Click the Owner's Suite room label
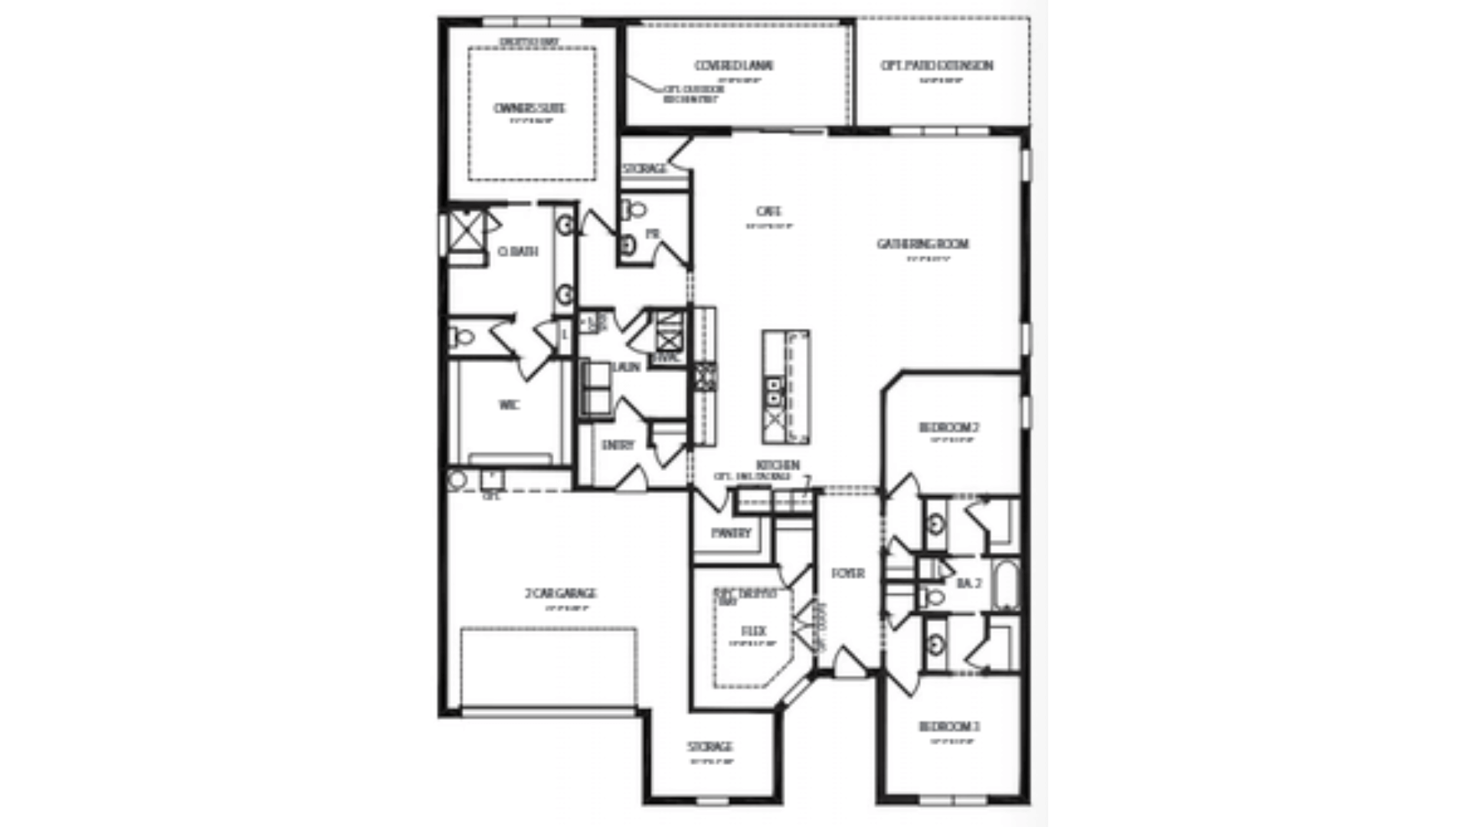[x=529, y=108]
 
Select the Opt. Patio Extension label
[x=936, y=66]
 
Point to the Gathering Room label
[x=922, y=244]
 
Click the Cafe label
[x=768, y=211]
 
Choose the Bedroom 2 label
[x=949, y=427]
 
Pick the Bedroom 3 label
[x=949, y=726]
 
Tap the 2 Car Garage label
[x=561, y=593]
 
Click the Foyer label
[x=848, y=573]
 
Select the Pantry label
[x=731, y=533]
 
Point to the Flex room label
[x=754, y=631]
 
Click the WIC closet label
[x=509, y=405]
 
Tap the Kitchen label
[x=778, y=465]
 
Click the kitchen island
[x=785, y=387]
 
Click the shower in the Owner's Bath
[x=466, y=230]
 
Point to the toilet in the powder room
[x=635, y=209]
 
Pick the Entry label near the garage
[x=618, y=445]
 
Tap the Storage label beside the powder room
[x=644, y=168]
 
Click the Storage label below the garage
[x=709, y=746]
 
